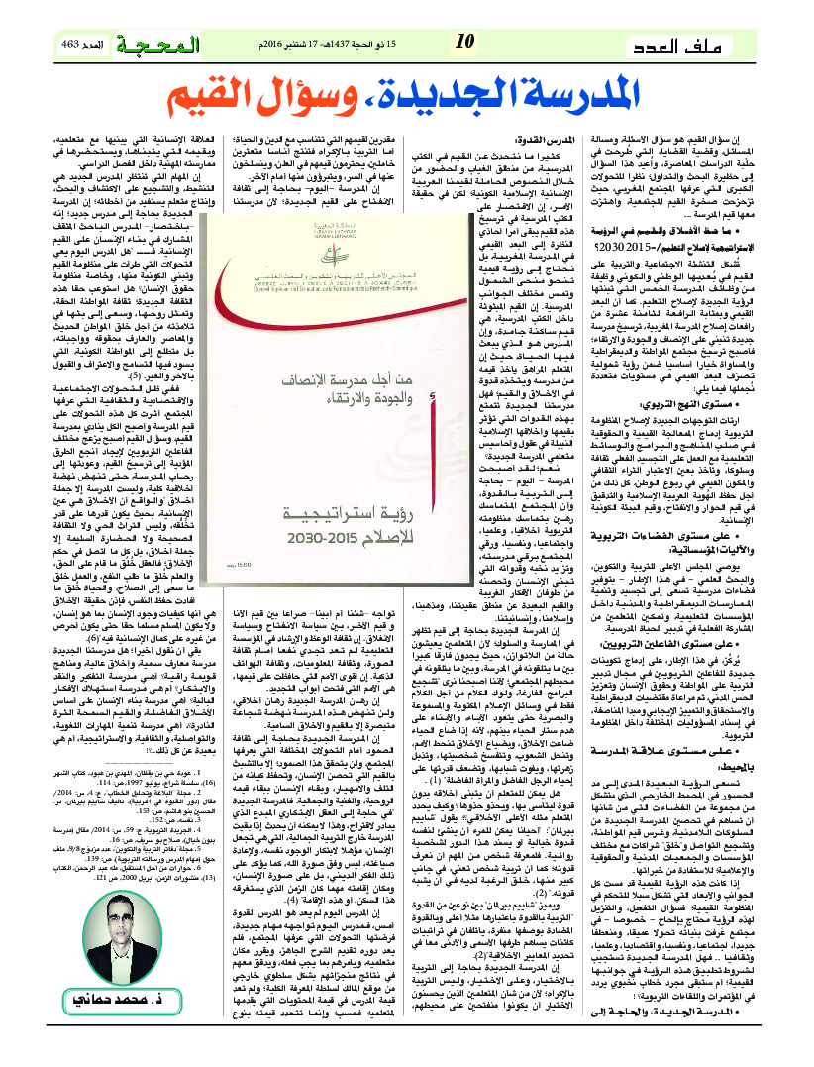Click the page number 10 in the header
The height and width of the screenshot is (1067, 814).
(465, 42)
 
